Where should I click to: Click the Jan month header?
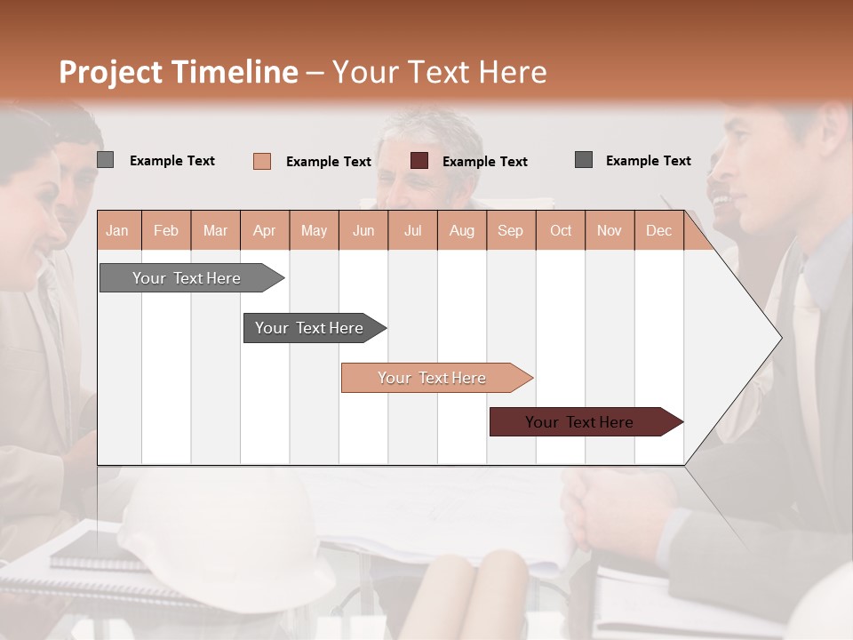[118, 230]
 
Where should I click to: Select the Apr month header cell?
[265, 230]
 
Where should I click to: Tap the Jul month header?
[412, 230]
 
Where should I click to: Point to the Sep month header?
[510, 230]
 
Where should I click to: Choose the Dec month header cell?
[658, 230]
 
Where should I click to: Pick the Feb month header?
[166, 230]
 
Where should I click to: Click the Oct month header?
[561, 230]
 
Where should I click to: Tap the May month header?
[314, 230]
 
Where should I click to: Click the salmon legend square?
[262, 161]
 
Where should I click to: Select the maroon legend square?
[419, 161]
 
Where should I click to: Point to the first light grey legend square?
[106, 160]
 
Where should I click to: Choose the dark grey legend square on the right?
[584, 160]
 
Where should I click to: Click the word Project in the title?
[110, 72]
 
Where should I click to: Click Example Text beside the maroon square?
[484, 162]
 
